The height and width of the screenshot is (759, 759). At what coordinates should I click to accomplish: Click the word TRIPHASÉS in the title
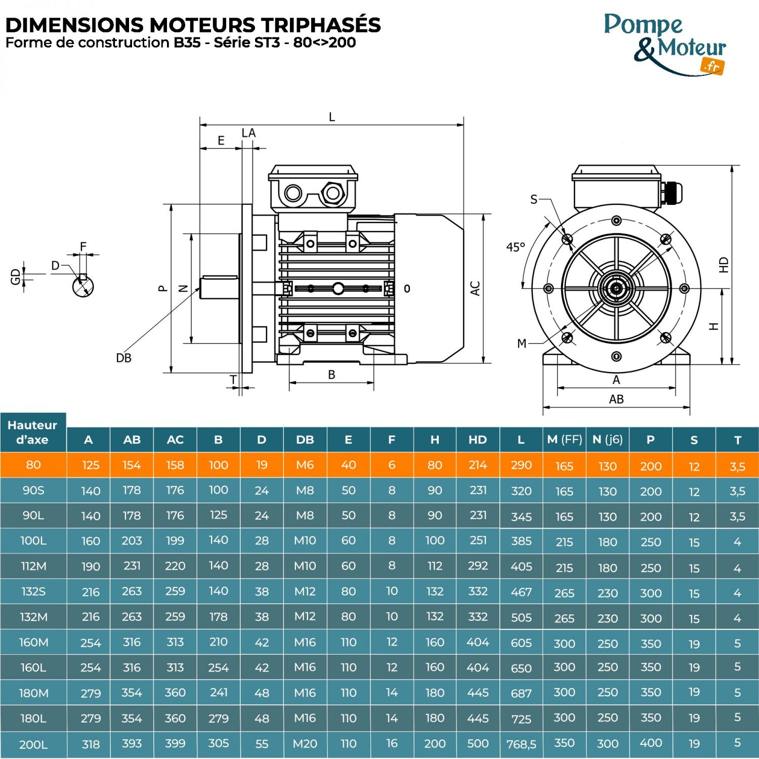(321, 25)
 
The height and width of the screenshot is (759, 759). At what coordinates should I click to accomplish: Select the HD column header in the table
(478, 440)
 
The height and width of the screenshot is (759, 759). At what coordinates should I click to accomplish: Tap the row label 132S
(33, 592)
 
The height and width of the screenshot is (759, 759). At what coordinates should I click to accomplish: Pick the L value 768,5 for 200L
(521, 744)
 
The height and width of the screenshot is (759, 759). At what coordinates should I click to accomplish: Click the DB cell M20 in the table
(305, 744)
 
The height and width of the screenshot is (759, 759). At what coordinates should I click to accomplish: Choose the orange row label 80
(33, 465)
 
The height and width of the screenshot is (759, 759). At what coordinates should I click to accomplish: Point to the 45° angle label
(516, 247)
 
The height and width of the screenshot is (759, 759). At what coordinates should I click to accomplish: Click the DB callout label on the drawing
(123, 358)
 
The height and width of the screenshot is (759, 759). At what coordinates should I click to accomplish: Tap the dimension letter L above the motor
(332, 117)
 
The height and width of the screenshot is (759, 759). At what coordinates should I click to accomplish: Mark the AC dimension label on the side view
(475, 288)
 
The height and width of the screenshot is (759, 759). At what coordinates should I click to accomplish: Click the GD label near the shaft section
(15, 276)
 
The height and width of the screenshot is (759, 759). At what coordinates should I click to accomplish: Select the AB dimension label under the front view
(616, 399)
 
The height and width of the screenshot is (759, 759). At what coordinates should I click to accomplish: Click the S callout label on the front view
(534, 199)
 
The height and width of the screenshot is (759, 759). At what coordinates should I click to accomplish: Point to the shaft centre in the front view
(616, 289)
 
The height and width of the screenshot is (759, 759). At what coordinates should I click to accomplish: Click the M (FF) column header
(564, 440)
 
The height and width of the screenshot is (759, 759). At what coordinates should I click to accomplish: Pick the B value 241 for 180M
(218, 692)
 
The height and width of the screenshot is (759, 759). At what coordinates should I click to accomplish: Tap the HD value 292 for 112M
(478, 566)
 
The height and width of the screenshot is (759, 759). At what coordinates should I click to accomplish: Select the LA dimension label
(248, 133)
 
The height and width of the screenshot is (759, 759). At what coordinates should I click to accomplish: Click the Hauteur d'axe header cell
(33, 432)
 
